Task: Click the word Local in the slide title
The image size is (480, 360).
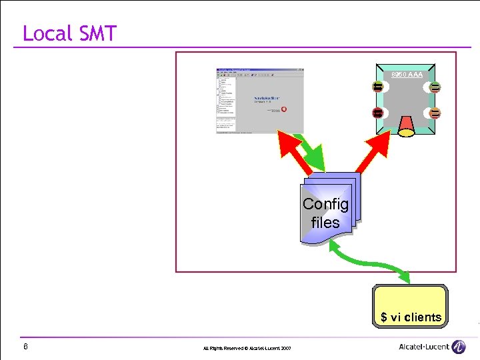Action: [47, 33]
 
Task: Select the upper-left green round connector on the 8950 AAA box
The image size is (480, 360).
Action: [378, 87]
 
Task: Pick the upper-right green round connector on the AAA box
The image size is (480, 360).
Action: [435, 87]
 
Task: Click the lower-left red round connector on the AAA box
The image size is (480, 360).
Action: [378, 113]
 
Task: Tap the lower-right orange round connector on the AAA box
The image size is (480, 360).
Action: [435, 113]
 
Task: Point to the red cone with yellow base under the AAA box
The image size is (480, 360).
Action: [406, 123]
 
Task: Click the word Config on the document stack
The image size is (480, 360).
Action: [325, 204]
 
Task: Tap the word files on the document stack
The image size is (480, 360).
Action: [325, 223]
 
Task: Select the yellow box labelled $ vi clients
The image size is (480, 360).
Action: [411, 307]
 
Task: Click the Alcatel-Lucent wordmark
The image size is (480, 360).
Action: [423, 347]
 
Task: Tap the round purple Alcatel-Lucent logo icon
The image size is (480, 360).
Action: [459, 347]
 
